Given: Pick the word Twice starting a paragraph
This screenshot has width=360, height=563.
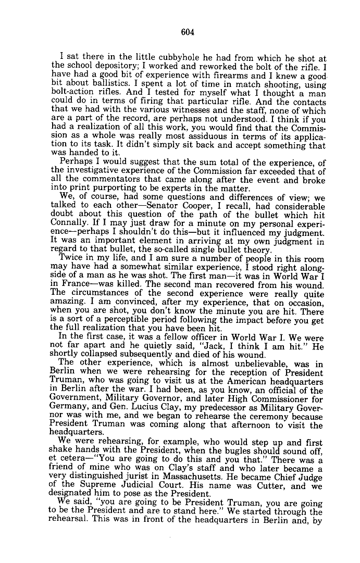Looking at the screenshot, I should pyautogui.click(x=71, y=257).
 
